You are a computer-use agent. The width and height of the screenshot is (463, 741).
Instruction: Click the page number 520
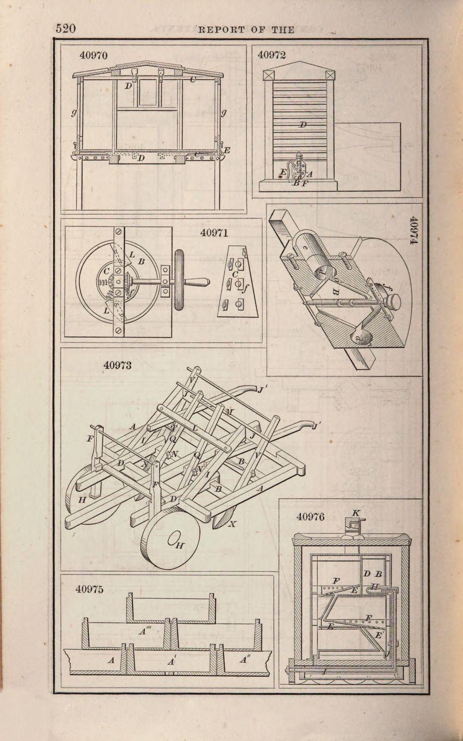tap(65, 29)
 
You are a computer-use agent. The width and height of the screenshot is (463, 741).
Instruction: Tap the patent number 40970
tap(93, 56)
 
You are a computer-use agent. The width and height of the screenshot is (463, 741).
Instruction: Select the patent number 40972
tap(272, 55)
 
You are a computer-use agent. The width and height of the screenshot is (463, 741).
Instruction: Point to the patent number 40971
tap(214, 233)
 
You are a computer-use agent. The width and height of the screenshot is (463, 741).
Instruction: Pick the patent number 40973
tap(118, 365)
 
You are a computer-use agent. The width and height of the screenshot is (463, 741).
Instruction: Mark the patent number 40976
tap(310, 517)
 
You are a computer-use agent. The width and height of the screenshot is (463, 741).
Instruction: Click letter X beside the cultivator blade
tap(232, 524)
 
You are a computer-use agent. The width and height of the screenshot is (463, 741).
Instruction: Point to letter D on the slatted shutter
tap(303, 124)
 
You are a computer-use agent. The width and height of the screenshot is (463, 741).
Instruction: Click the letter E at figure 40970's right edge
tap(227, 151)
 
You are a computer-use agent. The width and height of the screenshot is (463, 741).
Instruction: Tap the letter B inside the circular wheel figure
tap(141, 262)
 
